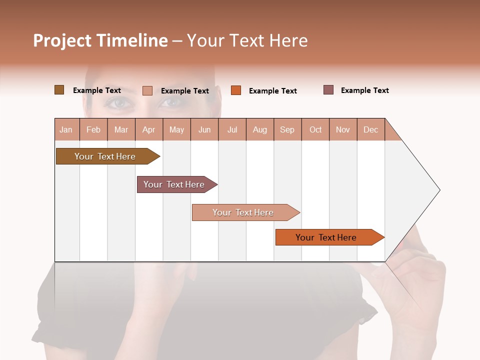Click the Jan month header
66,129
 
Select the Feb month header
93,129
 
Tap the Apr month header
149,129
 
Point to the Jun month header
204,129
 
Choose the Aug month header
260,129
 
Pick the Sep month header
287,129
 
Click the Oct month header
315,129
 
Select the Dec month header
371,129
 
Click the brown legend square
59,90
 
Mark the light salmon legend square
147,90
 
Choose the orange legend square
236,90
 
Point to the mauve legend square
328,90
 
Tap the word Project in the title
62,40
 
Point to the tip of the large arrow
439,190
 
